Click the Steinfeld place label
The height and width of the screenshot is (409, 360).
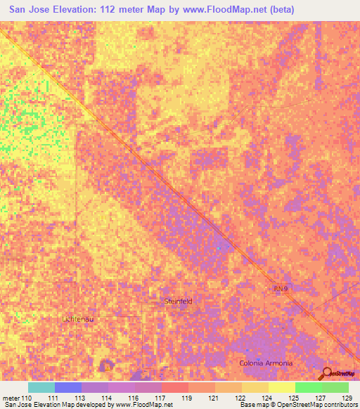pos(178,301)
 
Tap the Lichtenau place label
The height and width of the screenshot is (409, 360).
pos(77,318)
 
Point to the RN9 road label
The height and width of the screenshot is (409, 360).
pos(281,288)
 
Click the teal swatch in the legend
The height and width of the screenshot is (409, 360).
pos(41,387)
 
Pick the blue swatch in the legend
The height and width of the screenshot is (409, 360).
pos(68,387)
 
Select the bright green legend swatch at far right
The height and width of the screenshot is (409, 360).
pos(335,387)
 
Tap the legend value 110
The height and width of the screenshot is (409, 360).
pos(27,398)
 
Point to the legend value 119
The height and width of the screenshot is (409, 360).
pos(186,398)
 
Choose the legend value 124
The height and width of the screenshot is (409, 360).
pos(265,398)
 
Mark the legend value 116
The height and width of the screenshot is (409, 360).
pos(134,398)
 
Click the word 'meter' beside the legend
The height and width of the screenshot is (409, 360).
pos(11,398)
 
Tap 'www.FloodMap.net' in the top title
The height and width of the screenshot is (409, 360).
pos(227,10)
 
